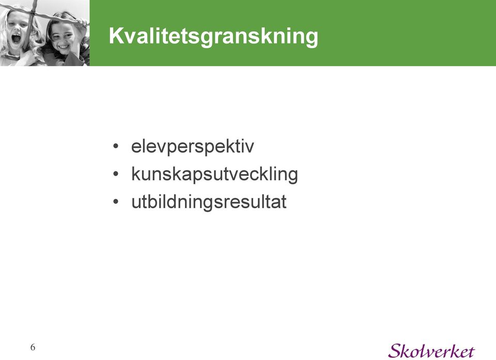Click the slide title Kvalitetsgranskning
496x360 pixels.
[x=213, y=37]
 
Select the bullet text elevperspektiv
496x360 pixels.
[x=192, y=147]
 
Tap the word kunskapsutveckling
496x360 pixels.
[x=214, y=174]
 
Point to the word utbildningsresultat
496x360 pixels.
[x=209, y=201]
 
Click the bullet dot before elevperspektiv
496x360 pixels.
[x=116, y=147]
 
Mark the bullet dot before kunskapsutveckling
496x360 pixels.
[x=116, y=174]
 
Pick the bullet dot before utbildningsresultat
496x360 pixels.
[x=116, y=201]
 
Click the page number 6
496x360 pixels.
[x=33, y=348]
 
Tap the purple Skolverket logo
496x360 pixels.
[x=431, y=351]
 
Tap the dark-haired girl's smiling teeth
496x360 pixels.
[x=64, y=48]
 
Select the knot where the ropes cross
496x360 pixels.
[x=32, y=13]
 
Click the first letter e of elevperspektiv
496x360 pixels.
[x=136, y=147]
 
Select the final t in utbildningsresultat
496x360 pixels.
[x=284, y=202]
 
